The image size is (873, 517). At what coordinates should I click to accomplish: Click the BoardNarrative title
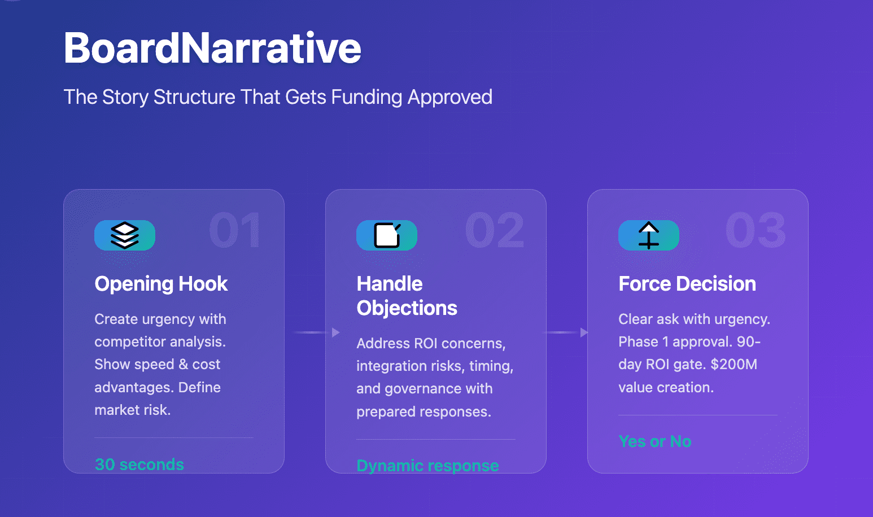[x=212, y=48]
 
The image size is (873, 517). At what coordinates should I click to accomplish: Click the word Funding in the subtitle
[x=366, y=97]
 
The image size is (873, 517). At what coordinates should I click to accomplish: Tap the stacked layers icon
[x=125, y=235]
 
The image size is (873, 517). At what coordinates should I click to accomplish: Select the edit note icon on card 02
[x=387, y=235]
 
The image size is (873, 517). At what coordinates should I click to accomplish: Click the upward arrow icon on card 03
[x=648, y=235]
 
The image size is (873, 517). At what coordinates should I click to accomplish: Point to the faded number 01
[x=235, y=230]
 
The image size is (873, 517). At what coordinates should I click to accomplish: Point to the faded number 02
[x=495, y=230]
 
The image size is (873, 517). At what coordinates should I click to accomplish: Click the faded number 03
[x=756, y=230]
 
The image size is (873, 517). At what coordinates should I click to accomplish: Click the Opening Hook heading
[x=161, y=284]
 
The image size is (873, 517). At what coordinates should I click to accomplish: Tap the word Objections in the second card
[x=407, y=308]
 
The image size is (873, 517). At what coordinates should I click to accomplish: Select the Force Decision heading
[x=687, y=284]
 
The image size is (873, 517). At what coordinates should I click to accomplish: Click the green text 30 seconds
[x=139, y=465]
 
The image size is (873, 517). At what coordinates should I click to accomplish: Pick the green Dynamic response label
[x=427, y=466]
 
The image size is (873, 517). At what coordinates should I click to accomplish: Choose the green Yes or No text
[x=655, y=441]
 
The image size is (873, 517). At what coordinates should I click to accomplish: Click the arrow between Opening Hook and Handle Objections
[x=316, y=332]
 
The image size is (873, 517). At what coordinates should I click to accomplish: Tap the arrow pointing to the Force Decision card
[x=565, y=332]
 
